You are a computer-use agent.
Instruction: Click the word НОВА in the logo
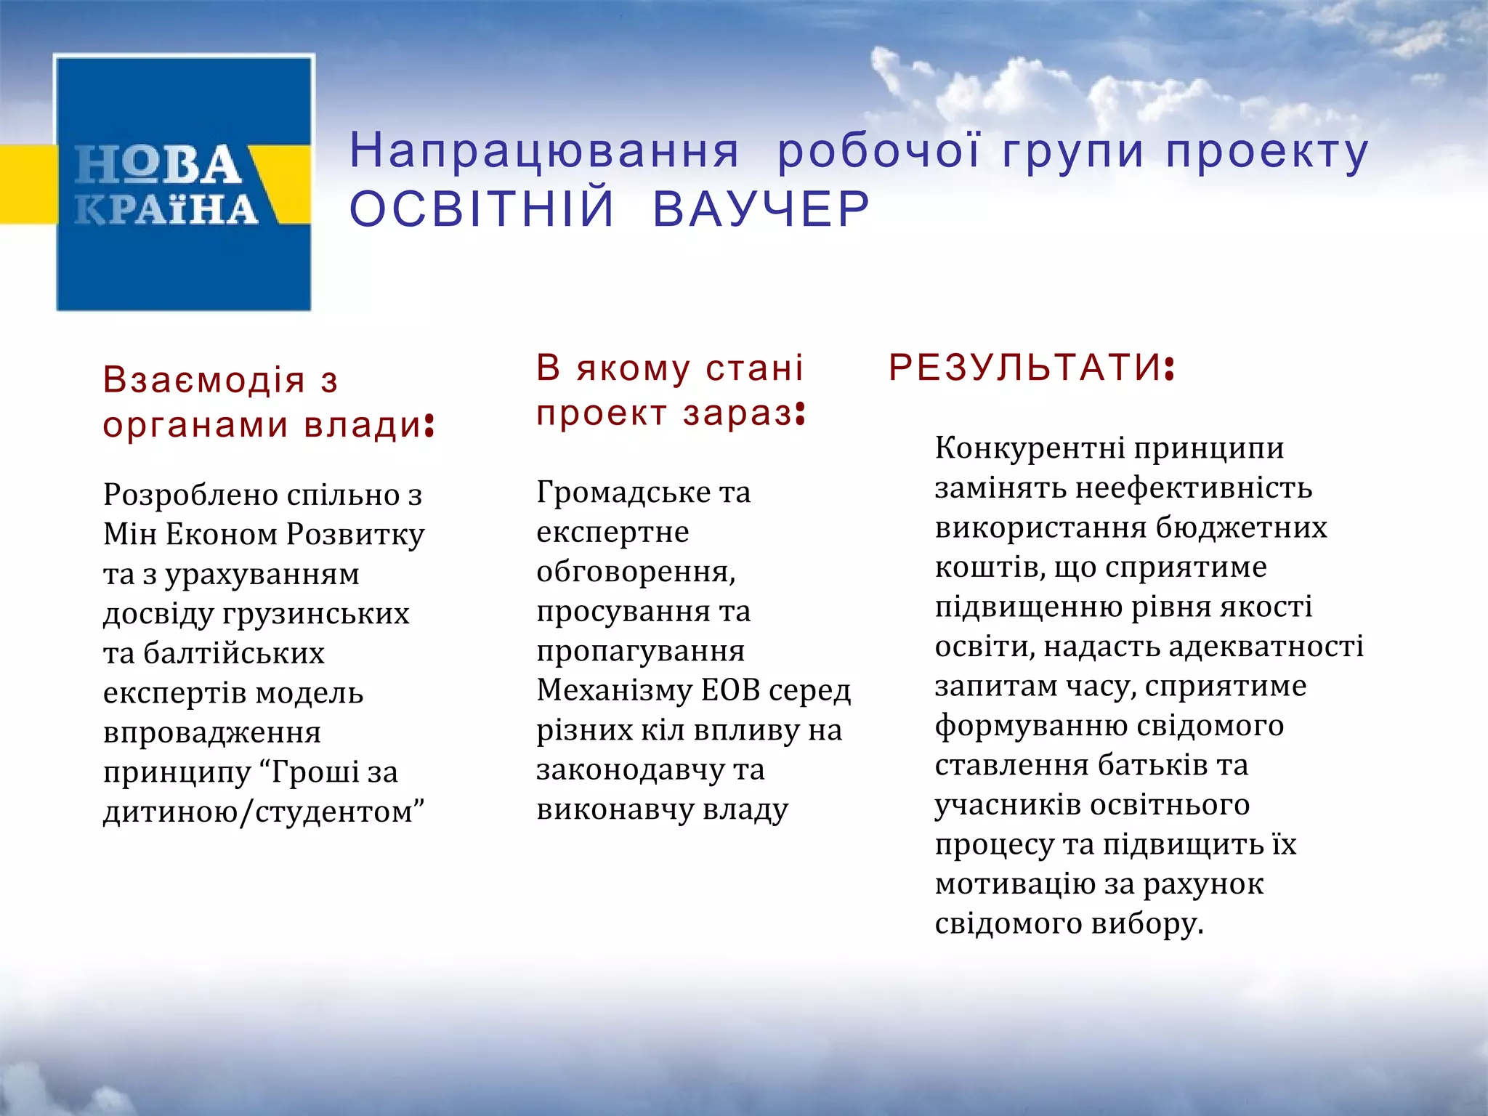[158, 164]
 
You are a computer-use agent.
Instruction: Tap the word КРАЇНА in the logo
[166, 209]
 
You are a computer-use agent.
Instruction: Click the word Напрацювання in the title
[544, 151]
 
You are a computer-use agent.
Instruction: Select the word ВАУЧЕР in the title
[761, 209]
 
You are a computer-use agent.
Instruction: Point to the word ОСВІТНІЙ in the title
[482, 209]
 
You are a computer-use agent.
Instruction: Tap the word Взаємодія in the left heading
[204, 380]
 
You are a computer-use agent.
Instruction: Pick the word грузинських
[316, 613]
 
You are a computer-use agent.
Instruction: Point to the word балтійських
[234, 653]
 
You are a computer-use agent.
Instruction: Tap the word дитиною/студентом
[262, 812]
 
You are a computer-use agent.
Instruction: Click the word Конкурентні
[1030, 448]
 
